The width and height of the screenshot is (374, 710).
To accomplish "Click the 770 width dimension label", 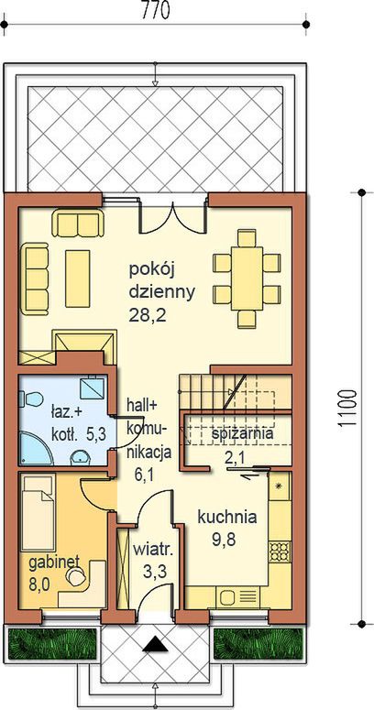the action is pos(156,10).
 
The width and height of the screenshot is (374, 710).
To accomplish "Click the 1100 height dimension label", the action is pos(348,409).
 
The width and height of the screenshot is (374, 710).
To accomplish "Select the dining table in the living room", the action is pos(247,279).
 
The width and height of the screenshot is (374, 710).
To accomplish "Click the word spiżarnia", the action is pos(243,434).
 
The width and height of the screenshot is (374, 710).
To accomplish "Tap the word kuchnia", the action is pos(227,517).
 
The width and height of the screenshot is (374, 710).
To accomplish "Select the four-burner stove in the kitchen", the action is pos(279,551).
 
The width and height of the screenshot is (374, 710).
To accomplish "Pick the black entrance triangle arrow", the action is pos(156,645).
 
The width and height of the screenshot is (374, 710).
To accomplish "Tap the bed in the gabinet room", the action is pos(38,513).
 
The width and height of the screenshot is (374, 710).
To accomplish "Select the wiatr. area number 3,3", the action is pos(154,572).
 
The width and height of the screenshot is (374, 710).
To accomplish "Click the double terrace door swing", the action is pos(172,218).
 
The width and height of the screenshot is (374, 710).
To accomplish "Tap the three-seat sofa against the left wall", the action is pos(36,279).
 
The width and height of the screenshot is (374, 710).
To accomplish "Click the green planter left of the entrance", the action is pos(53,643).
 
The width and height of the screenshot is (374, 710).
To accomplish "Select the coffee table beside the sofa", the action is pos(78,279).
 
